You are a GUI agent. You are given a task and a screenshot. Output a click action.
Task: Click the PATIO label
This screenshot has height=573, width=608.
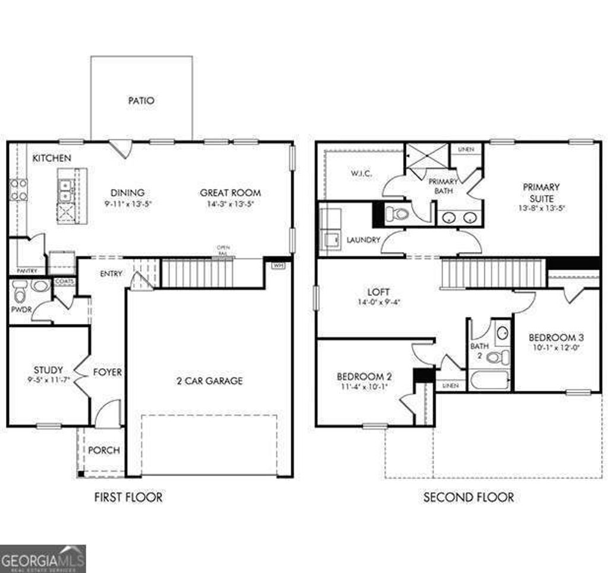(141, 101)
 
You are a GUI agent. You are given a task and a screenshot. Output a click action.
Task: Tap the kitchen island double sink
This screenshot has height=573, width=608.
(65, 190)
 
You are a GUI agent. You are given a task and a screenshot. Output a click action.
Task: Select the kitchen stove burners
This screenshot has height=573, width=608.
(18, 189)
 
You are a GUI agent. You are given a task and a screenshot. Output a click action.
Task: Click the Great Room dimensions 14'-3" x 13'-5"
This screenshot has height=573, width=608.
(230, 204)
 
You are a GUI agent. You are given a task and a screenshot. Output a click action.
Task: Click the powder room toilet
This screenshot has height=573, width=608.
(19, 292)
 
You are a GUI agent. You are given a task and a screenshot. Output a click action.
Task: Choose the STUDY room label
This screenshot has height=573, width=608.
(48, 370)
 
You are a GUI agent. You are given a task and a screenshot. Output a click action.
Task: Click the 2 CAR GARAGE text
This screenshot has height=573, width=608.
(210, 381)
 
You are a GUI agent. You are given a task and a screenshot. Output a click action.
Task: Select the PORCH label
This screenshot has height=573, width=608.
(104, 450)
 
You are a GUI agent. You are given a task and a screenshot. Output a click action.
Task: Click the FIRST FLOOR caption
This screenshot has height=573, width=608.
(128, 497)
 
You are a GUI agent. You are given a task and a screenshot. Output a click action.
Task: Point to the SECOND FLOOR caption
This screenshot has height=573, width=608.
(468, 497)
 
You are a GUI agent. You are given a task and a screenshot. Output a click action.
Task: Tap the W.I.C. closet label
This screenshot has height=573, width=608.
(362, 174)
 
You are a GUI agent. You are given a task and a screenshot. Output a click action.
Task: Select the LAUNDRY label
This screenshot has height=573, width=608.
(363, 240)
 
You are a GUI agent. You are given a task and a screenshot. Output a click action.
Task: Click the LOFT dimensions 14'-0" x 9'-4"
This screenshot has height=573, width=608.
(378, 302)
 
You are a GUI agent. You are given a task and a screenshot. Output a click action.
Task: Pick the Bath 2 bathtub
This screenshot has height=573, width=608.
(489, 380)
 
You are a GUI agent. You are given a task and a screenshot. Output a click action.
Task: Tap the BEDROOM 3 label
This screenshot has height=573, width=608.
(553, 338)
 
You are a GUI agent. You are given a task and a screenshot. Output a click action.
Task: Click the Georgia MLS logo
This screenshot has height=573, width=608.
(43, 559)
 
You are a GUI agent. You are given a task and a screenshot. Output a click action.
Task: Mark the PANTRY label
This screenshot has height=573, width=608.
(27, 271)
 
